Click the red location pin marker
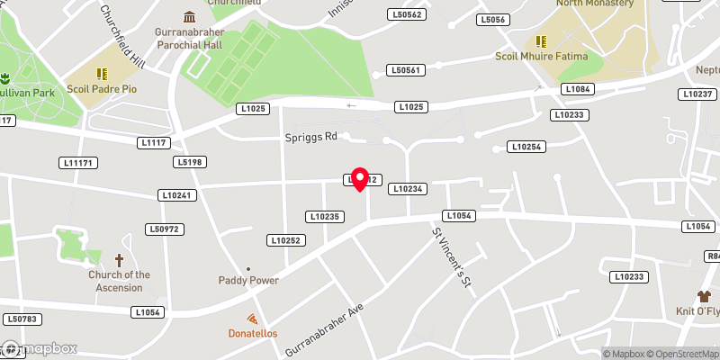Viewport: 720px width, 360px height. [x=360, y=178]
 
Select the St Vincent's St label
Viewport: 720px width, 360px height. [x=452, y=257]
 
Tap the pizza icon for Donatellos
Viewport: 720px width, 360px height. [x=252, y=319]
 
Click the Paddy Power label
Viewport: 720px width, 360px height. [x=248, y=280]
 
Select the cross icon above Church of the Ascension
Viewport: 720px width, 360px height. [x=119, y=258]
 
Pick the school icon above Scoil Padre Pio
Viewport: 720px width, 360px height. [x=102, y=74]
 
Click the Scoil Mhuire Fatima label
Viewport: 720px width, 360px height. [x=541, y=57]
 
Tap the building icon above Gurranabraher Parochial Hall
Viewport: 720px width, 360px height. [x=189, y=17]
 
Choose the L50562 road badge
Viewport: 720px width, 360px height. [x=407, y=14]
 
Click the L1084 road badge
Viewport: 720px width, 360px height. [x=576, y=88]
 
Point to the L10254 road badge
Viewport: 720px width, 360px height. [x=526, y=146]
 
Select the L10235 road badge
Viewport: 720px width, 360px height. [x=325, y=216]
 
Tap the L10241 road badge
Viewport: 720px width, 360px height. [x=176, y=194]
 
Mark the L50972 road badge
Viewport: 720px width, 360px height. [x=165, y=229]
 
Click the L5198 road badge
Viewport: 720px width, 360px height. [x=190, y=162]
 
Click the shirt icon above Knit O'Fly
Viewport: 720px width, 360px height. [x=705, y=295]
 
